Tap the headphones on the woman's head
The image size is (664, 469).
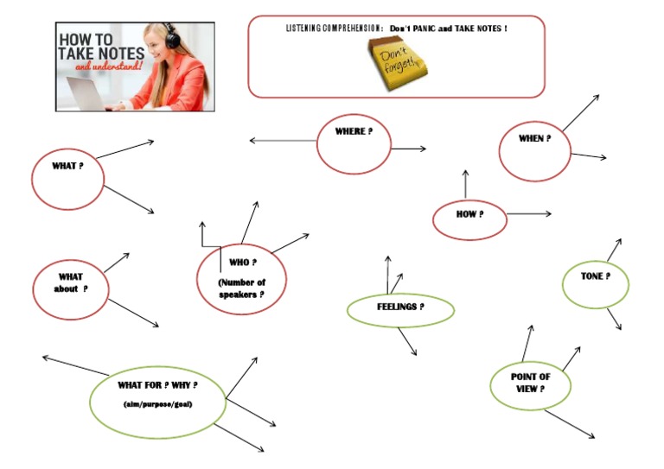[172, 36]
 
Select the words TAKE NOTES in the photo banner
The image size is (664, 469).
[94, 53]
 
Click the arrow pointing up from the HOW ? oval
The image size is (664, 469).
[465, 184]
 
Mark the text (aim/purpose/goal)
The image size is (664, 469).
[157, 404]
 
